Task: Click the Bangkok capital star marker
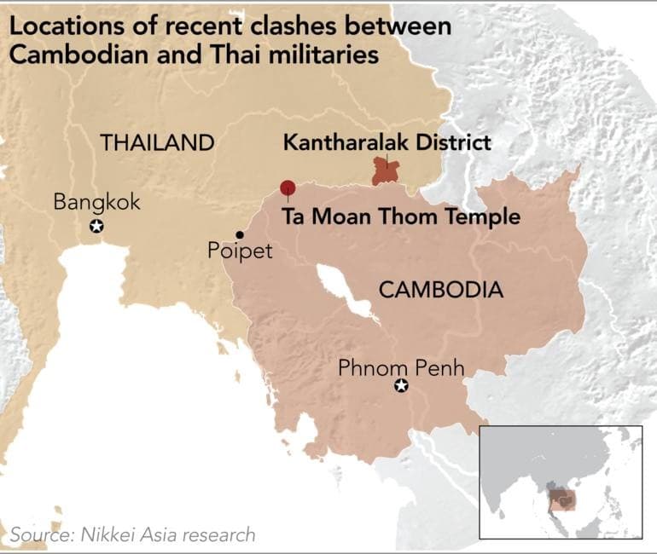97,226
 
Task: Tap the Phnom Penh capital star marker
401,387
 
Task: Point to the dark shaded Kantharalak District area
386,171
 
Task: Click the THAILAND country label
157,142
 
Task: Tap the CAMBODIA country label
440,290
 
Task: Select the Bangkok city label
96,202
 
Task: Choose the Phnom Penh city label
401,368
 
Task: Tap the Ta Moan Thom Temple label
400,216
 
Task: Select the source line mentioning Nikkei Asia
132,534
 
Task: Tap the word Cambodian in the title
75,55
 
